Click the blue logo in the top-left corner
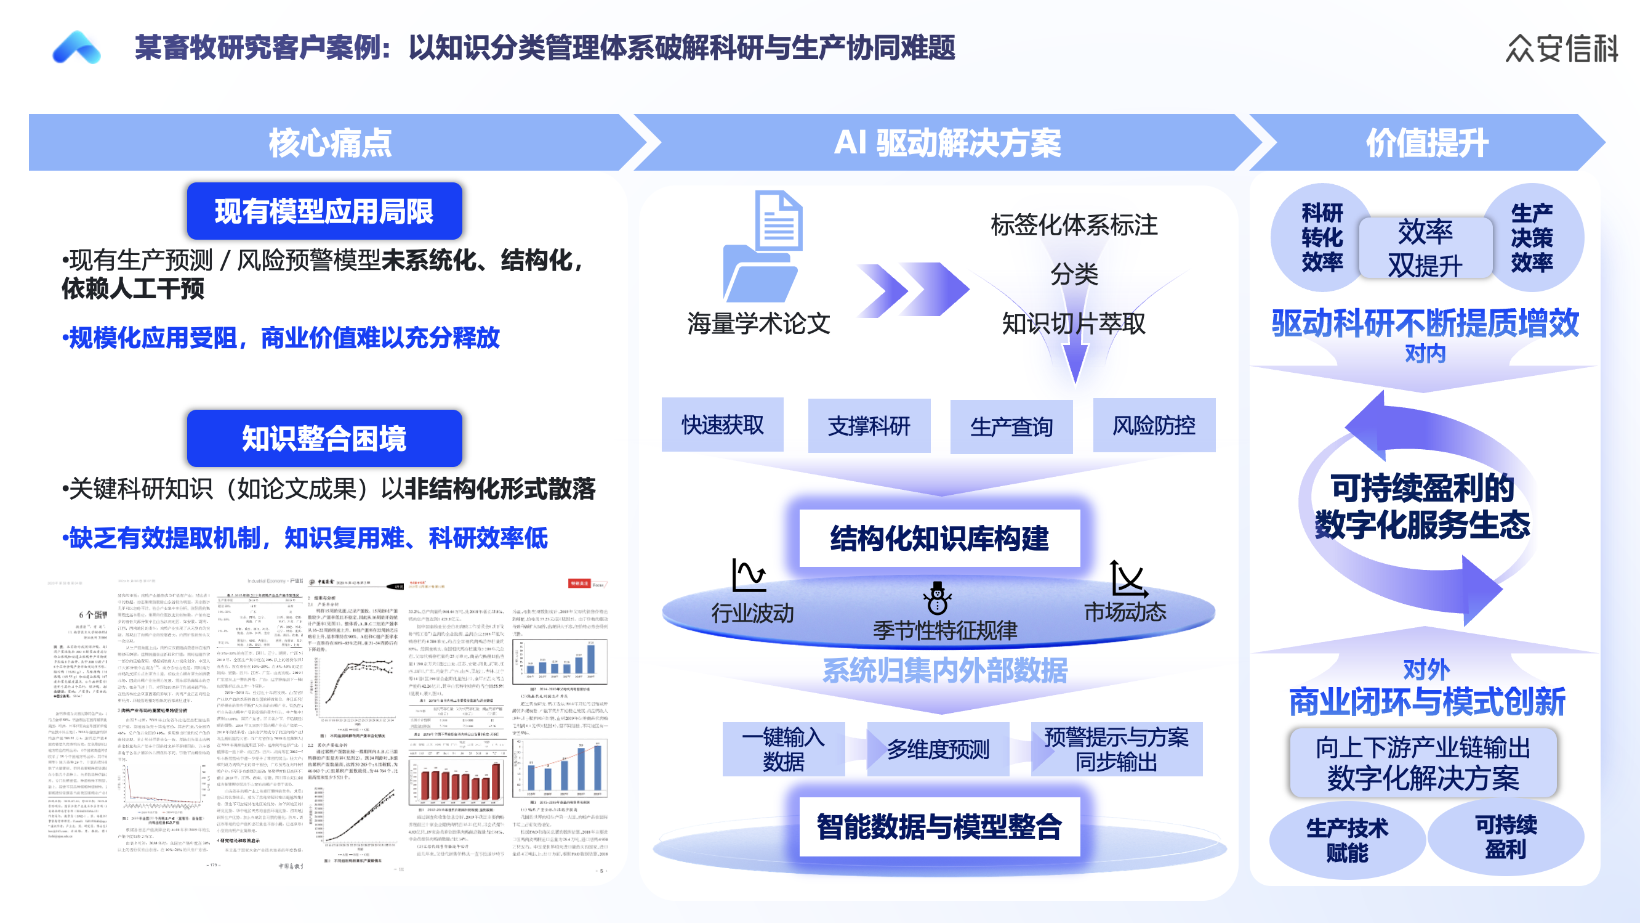coord(76,48)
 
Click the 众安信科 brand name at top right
coord(1561,49)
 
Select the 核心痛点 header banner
coord(330,142)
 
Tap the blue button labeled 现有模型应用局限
coord(324,211)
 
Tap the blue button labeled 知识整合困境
coord(324,438)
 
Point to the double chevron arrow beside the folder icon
coord(912,290)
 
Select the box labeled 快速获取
coord(723,425)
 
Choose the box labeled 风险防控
coord(1154,425)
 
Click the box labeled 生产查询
coord(1011,426)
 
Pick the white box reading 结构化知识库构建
coord(939,539)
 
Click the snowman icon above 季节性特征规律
coord(937,598)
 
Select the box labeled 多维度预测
coord(938,749)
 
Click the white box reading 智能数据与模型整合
coord(939,827)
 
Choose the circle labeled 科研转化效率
coord(1321,238)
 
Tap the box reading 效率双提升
coord(1425,248)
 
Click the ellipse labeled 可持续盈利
coord(1506,837)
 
